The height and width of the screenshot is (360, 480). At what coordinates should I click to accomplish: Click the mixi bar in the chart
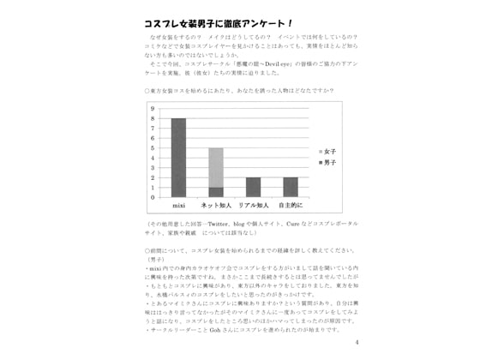[178, 158]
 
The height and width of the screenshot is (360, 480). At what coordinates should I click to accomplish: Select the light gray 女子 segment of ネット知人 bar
[216, 167]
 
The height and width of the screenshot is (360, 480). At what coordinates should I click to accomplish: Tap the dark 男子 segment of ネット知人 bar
[216, 192]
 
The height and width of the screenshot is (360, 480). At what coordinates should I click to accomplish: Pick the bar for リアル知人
[253, 187]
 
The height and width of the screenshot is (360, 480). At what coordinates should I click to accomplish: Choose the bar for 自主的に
[291, 187]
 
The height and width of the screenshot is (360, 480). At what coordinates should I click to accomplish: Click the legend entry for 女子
[327, 151]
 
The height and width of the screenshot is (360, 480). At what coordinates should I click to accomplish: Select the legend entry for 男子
[327, 162]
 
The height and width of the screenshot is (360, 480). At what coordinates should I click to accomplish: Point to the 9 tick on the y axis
[153, 109]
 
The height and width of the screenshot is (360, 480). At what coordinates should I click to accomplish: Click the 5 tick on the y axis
[153, 147]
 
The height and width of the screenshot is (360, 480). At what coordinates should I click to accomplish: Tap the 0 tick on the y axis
[153, 197]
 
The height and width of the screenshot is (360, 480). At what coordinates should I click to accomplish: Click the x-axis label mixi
[178, 207]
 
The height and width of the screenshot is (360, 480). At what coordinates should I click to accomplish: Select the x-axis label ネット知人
[216, 207]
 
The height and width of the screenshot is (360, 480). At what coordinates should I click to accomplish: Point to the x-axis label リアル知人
[254, 207]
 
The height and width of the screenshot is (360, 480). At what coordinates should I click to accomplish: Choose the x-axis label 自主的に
[291, 207]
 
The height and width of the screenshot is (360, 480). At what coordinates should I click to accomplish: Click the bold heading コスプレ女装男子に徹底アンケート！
[219, 23]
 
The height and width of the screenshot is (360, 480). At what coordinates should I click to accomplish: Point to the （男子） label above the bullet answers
[157, 258]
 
